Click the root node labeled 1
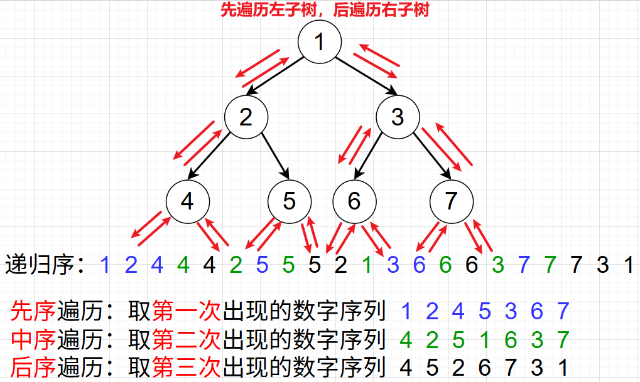[x=320, y=43]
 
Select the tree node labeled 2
[x=246, y=117]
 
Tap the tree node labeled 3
[x=397, y=117]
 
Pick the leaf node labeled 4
[x=188, y=201]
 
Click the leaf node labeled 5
[x=289, y=201]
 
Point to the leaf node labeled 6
[x=354, y=201]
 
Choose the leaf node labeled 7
[x=451, y=201]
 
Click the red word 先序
[x=33, y=310]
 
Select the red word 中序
[x=33, y=339]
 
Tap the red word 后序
[x=33, y=367]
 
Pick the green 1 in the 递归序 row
[x=367, y=265]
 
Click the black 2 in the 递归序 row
[x=340, y=265]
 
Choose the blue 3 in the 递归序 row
[x=393, y=265]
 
